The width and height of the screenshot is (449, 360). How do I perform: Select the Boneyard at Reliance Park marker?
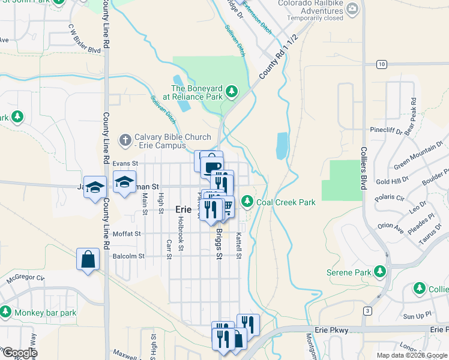coord(232,92)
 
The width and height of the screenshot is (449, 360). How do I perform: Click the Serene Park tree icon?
coord(379,272)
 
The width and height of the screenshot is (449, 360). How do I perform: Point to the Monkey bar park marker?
coord(5,312)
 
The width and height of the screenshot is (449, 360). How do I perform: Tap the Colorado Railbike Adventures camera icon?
coord(352,8)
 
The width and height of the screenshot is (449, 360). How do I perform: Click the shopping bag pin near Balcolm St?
coord(88,260)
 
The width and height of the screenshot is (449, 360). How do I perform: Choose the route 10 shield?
coord(382,64)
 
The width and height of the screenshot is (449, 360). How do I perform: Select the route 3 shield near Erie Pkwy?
coord(367,310)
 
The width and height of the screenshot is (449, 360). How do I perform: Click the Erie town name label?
coord(183,209)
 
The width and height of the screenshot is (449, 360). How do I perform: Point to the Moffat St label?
coord(126,233)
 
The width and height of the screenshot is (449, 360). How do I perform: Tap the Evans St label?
coord(125,163)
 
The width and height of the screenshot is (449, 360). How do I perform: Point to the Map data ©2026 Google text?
coord(411,355)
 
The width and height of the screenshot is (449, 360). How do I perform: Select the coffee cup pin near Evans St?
coord(212,166)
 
